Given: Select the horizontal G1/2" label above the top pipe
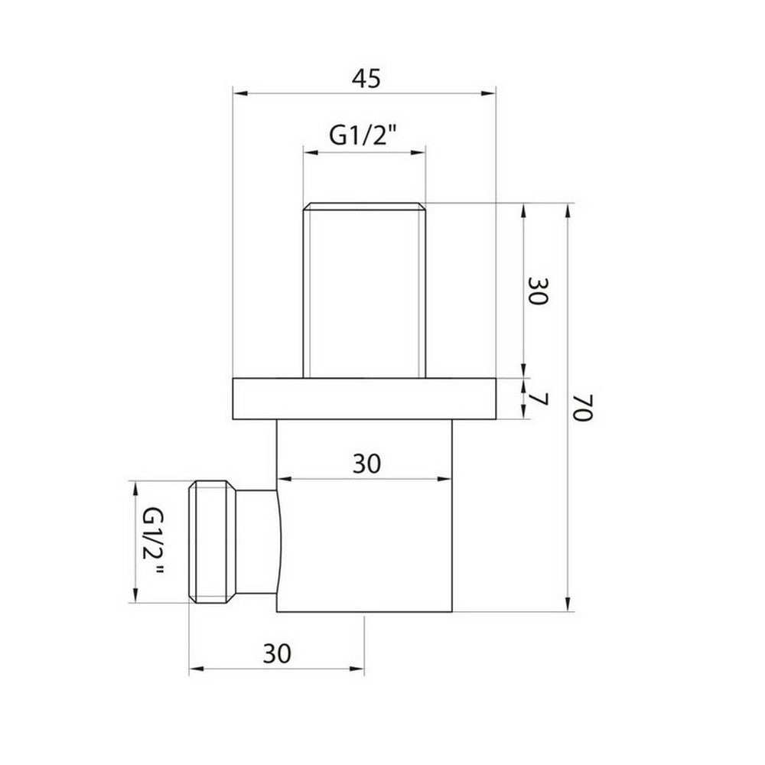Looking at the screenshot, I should [x=364, y=135].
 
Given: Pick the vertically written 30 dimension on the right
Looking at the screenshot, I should [x=537, y=291].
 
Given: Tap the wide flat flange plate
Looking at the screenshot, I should [x=364, y=398].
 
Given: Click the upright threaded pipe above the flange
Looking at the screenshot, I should [x=364, y=291].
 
